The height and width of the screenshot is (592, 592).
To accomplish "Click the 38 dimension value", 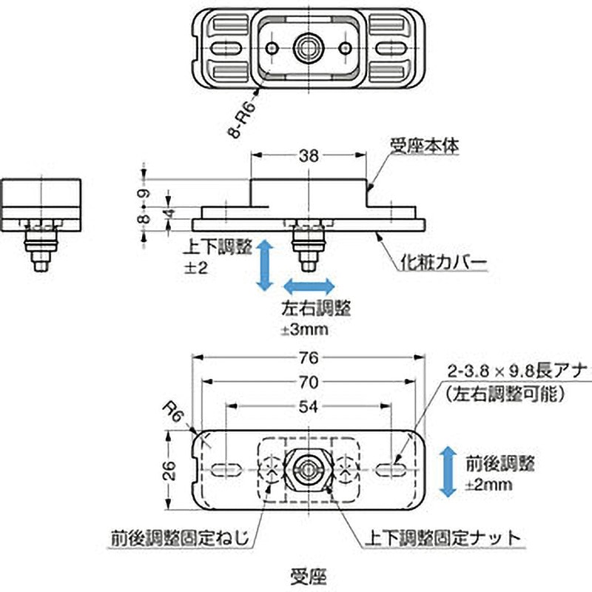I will click(x=309, y=155).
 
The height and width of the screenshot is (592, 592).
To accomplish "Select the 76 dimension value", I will click(x=309, y=359).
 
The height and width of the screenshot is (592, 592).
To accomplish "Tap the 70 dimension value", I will click(x=309, y=383).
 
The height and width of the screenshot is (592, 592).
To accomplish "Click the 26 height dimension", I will click(x=169, y=470).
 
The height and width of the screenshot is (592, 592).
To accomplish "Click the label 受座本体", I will click(x=425, y=147).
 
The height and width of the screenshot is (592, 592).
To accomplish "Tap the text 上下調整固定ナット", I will click(x=442, y=537).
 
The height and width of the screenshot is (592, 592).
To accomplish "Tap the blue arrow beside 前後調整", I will click(x=447, y=471).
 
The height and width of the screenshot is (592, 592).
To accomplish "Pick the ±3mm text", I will click(x=304, y=329).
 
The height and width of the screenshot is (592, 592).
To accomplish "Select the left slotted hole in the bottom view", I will click(x=226, y=469).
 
